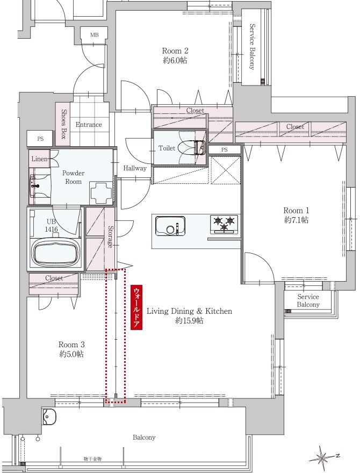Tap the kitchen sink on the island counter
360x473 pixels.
(170, 225)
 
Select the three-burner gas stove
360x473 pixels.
(224, 224)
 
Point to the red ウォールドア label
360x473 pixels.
(136, 307)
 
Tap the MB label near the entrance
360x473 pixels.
(95, 35)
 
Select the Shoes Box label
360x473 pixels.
(63, 124)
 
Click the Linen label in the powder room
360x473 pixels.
(40, 159)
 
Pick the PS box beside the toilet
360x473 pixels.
(224, 149)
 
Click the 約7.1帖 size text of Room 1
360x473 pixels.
(296, 220)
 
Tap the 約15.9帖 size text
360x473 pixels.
(189, 320)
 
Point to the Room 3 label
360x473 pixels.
(71, 345)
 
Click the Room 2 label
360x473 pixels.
(175, 51)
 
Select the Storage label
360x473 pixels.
(111, 236)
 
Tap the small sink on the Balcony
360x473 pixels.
(48, 417)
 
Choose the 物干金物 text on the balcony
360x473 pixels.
(92, 459)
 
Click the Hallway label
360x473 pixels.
(135, 168)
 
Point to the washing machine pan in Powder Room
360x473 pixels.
(101, 193)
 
